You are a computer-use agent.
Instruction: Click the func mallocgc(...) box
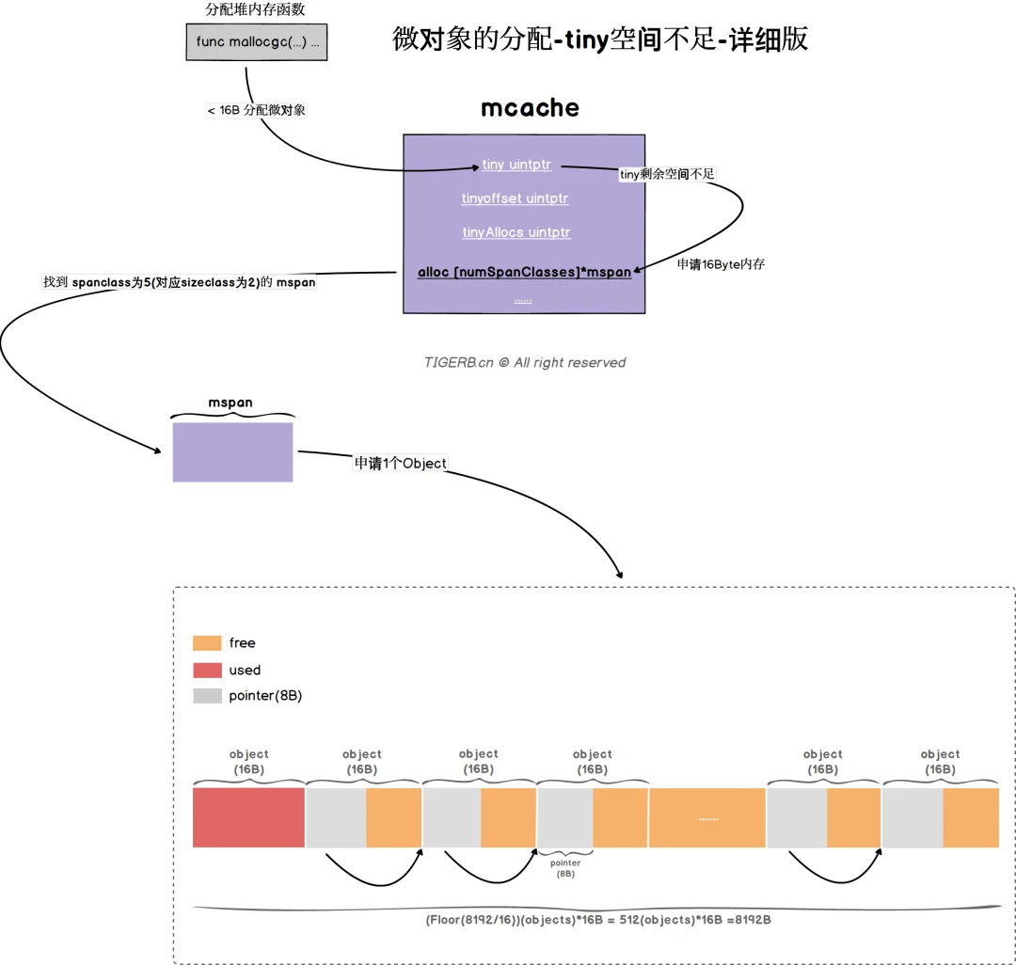coord(257,42)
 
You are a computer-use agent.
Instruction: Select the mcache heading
coord(530,107)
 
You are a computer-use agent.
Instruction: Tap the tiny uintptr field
coord(516,165)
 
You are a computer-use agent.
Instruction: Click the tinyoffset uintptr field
coord(516,198)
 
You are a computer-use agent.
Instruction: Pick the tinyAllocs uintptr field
coord(516,232)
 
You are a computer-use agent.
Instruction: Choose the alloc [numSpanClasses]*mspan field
coord(524,272)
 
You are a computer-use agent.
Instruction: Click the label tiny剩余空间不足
coord(667,174)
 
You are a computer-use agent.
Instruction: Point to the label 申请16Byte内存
coord(722,263)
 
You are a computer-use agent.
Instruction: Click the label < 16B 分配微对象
coord(256,110)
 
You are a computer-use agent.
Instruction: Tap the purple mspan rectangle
coord(232,452)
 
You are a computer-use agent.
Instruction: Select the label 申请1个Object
coord(401,463)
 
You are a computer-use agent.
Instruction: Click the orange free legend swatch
coord(207,643)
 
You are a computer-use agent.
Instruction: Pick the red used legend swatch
coord(207,670)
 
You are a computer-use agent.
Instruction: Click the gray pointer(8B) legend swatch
coord(207,696)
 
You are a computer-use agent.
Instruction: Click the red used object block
coord(248,817)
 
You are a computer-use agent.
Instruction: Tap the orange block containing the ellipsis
coord(706,817)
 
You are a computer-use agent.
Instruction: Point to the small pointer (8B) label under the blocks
coord(565,868)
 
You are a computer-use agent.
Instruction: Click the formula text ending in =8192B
coord(598,920)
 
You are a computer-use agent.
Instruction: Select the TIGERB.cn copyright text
coord(525,363)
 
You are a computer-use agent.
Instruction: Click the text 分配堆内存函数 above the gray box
coord(255,9)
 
